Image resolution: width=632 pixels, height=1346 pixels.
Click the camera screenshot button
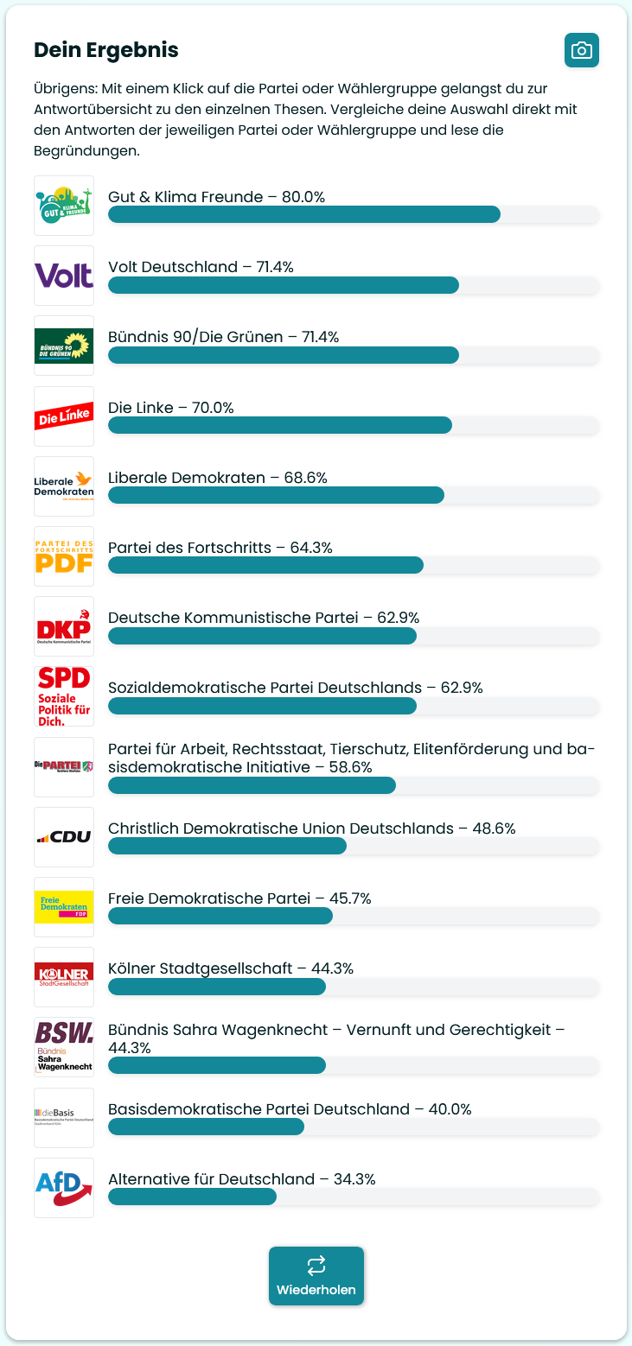pos(582,50)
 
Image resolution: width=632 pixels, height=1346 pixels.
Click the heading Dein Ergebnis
pos(105,50)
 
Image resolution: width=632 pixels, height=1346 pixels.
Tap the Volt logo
pos(64,276)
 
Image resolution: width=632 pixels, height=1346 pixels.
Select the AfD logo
pos(64,1188)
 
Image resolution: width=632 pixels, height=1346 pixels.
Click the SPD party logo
pos(64,696)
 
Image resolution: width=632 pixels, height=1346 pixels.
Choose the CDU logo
pos(64,837)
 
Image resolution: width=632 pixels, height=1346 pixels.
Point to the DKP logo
pos(64,626)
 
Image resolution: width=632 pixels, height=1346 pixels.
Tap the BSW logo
pos(64,1047)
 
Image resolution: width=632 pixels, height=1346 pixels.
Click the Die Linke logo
pos(64,416)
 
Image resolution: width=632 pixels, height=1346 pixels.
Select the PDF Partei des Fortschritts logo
pos(64,556)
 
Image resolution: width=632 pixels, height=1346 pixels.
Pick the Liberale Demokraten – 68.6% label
pos(217,478)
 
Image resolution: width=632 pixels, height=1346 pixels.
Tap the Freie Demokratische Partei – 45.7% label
pos(239,898)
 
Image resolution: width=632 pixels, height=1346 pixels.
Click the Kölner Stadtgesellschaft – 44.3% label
pos(230,968)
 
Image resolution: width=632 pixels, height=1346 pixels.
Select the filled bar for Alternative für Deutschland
pos(192,1197)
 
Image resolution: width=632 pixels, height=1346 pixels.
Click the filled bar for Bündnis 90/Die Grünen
pos(283,355)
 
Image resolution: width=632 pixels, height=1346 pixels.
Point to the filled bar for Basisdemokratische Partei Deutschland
pos(206,1127)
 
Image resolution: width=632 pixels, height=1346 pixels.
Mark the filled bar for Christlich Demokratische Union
pos(227,846)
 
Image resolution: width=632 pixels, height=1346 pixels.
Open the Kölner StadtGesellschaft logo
pos(64,977)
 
